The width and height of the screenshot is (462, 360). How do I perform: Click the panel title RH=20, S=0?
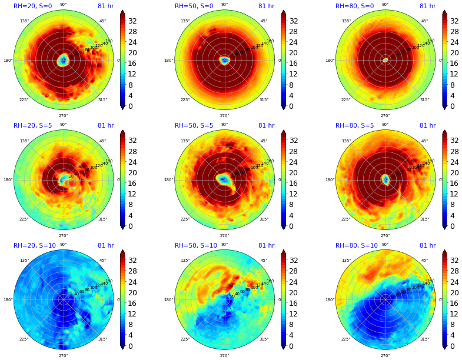point(33,6)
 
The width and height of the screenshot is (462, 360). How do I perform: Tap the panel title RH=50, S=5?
point(194,126)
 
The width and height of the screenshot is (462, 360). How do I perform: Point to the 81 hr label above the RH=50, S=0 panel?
point(266,6)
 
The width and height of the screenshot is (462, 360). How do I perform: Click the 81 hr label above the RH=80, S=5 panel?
point(427,126)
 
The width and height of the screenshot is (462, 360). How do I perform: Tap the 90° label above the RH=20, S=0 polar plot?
point(63,5)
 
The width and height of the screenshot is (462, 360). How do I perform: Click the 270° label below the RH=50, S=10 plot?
point(224,355)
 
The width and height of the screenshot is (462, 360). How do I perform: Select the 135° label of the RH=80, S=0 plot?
point(345,21)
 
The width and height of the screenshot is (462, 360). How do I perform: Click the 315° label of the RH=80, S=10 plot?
point(424,339)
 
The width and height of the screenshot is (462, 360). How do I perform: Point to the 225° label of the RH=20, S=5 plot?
point(24,219)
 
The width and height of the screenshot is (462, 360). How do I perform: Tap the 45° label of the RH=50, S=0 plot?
point(264,21)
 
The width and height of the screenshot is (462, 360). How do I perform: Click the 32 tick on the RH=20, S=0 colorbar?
point(132,21)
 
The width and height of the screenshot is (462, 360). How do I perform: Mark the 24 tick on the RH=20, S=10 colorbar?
point(132,282)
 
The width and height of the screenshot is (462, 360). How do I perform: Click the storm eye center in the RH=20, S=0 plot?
point(63,60)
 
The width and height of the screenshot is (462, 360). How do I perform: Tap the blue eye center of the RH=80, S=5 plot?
point(385,179)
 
